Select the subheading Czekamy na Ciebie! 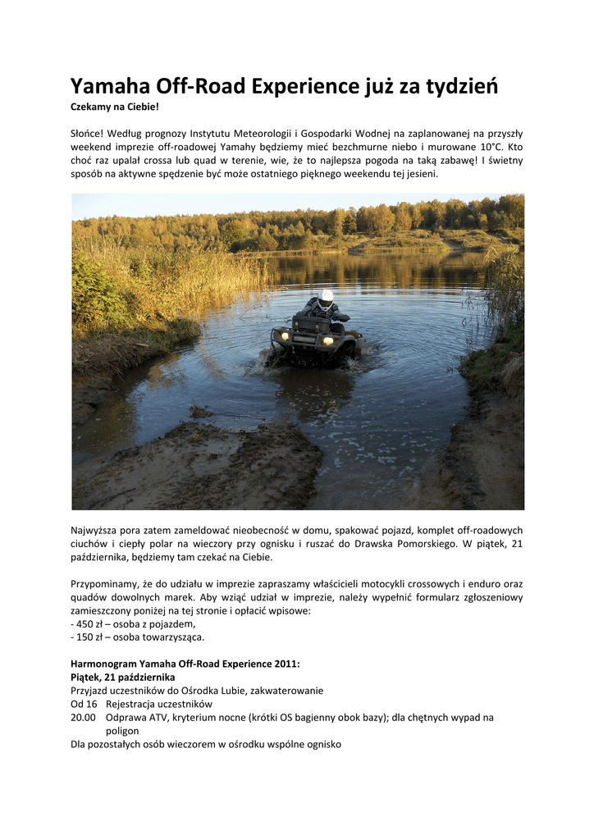pos(114,107)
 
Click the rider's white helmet pos(326,298)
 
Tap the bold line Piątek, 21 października pos(123,677)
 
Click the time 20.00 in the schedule pos(84,717)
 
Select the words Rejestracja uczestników pos(159,704)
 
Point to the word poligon pos(122,730)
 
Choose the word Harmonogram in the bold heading pos(103,664)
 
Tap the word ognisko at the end pos(321,744)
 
